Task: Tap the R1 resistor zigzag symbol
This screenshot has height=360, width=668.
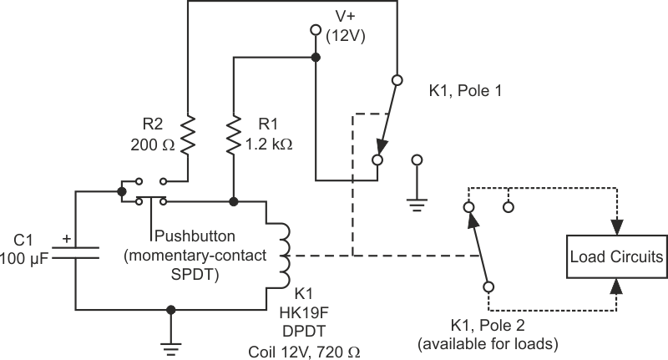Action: coord(235,134)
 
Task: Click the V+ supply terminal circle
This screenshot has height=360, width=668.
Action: coord(316,31)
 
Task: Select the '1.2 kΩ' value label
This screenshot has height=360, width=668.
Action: coord(269,144)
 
